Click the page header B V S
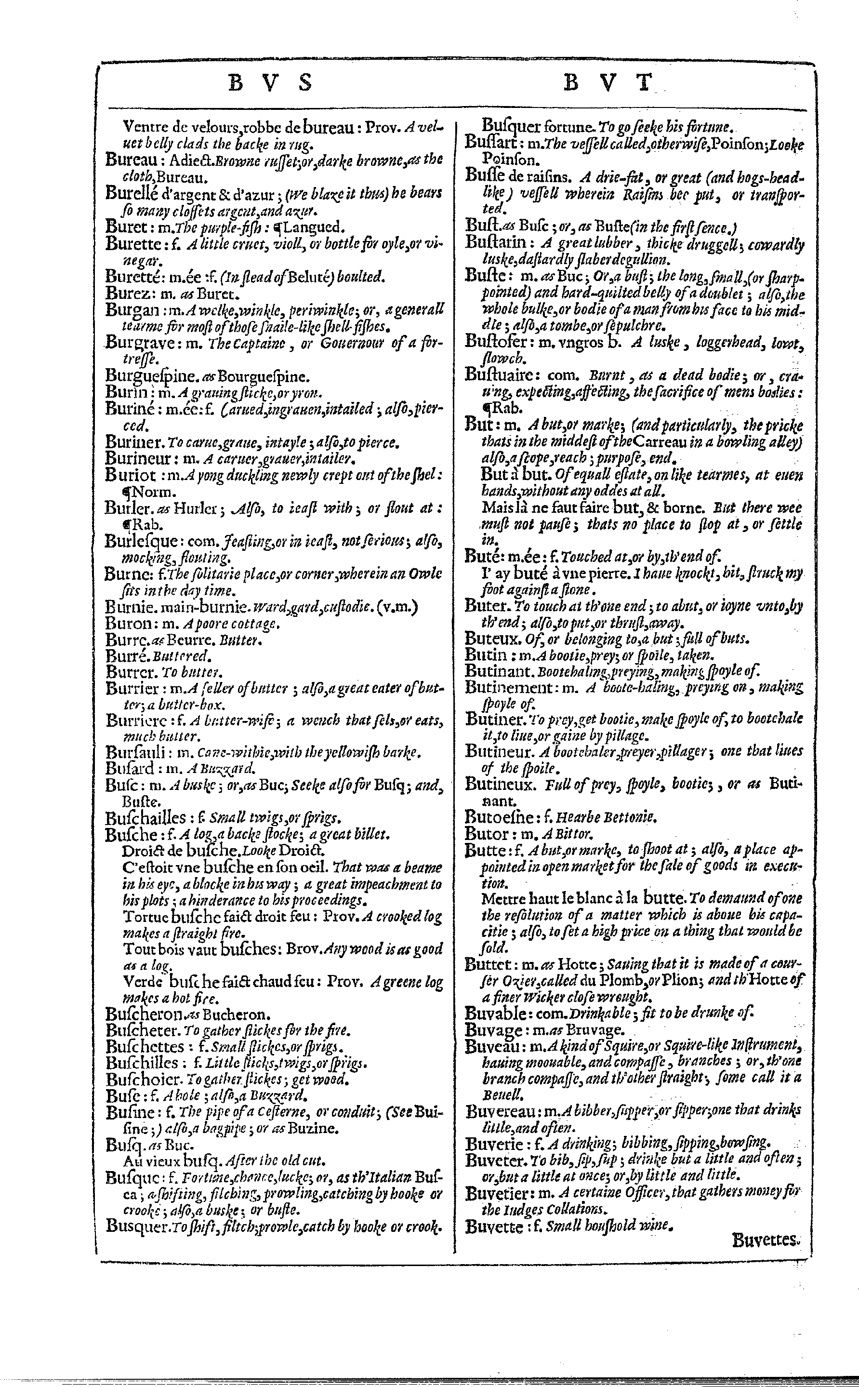[x=270, y=83]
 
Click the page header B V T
[x=606, y=83]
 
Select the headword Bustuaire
[x=498, y=374]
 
